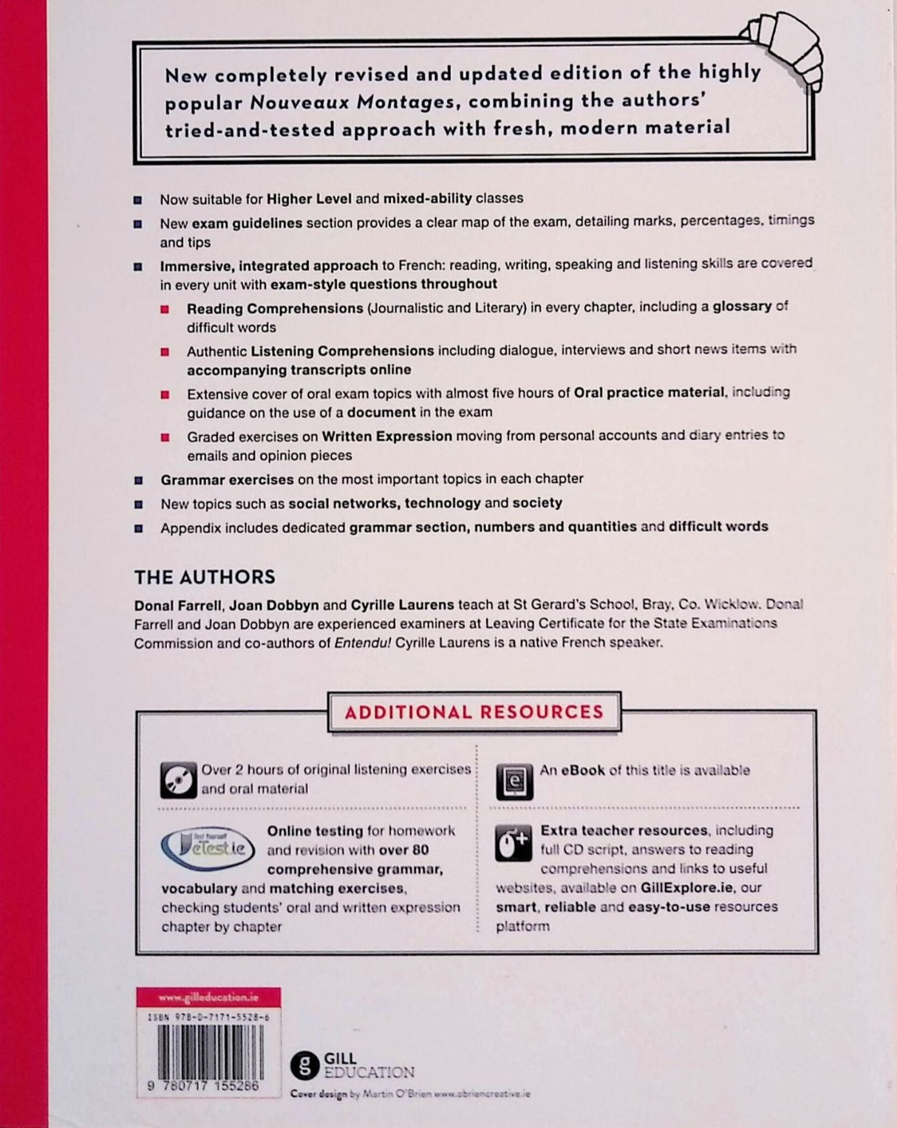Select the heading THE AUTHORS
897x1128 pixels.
click(205, 577)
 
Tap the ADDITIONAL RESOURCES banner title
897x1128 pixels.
click(474, 712)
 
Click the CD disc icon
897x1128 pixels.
click(178, 780)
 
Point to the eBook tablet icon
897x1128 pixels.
click(514, 782)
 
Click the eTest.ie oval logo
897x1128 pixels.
click(208, 848)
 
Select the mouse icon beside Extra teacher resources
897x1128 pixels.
click(514, 843)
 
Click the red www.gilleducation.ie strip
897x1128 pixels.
click(208, 997)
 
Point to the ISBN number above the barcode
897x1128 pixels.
click(208, 1017)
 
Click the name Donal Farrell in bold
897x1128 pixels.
click(177, 605)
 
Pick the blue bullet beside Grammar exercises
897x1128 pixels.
click(139, 480)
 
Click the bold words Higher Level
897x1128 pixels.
click(309, 198)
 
